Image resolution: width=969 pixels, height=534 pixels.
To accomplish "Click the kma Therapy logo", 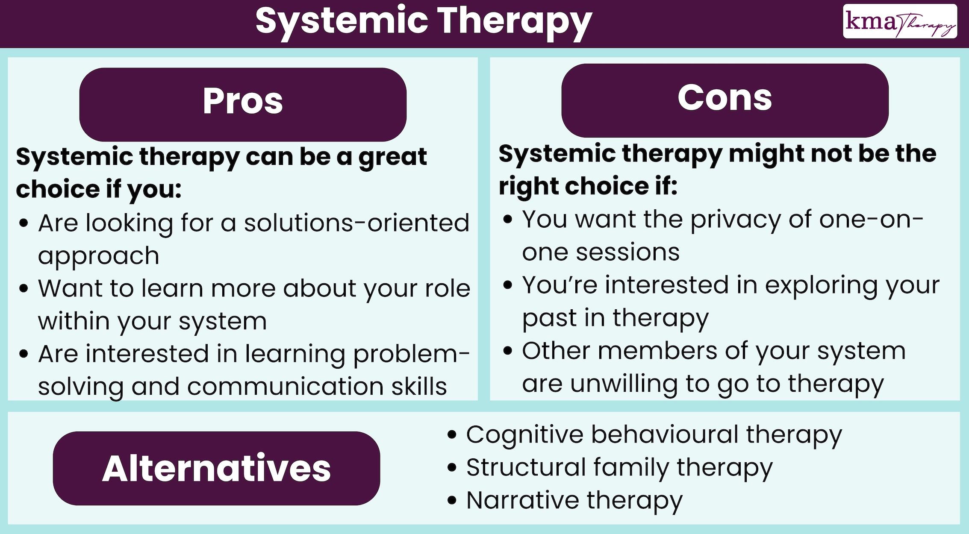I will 900,21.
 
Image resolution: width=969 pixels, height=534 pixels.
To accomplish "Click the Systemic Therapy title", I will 423,21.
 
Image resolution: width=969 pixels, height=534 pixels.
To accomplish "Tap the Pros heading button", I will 243,104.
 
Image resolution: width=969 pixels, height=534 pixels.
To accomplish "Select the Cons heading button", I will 725,100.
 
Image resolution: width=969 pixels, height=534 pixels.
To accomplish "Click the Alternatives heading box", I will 216,468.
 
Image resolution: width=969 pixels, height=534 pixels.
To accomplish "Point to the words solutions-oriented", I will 356,223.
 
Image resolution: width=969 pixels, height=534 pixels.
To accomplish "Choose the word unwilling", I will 624,384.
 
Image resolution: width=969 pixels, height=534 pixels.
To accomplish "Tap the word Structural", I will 526,467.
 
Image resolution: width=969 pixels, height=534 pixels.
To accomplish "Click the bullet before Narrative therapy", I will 452,501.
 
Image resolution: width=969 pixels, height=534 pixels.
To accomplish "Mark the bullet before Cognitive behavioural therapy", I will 452,435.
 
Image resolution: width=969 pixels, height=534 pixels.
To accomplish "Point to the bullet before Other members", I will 508,352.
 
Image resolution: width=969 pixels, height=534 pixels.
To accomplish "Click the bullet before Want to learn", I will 24,289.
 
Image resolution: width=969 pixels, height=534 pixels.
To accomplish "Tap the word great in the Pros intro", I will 392,157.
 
